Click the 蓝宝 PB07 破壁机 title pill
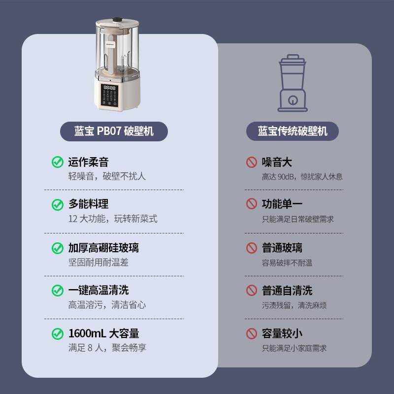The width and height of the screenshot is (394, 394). point(114,131)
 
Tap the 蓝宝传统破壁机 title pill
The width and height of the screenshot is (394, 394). point(293,131)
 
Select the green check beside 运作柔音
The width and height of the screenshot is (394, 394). point(58,162)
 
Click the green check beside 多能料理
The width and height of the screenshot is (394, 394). point(58,204)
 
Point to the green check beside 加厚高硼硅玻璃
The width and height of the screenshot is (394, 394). point(58,248)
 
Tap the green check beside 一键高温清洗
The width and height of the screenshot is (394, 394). point(58,291)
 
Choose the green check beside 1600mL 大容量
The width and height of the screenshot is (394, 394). point(58,333)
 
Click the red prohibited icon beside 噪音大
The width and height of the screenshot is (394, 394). point(252,162)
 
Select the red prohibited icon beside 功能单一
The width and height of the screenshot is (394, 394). point(252,204)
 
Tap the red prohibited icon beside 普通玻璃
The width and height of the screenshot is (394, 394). point(252,248)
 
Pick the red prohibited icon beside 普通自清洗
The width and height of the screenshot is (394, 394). point(252,291)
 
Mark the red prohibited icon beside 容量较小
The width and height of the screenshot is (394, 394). point(252,333)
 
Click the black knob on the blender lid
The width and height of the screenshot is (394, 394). point(117,20)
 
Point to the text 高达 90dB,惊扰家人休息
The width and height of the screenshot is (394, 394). point(302,176)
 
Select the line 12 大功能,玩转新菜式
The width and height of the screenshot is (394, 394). point(113,219)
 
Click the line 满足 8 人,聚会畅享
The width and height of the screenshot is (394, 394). point(107,348)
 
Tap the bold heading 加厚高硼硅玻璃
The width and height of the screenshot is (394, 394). point(103,248)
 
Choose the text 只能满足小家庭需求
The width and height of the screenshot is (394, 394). point(294,348)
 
